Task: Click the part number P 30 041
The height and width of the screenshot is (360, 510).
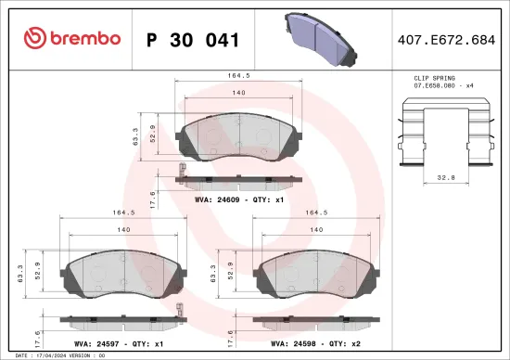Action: pos(194,40)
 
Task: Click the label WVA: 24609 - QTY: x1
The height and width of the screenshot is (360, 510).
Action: pos(236,199)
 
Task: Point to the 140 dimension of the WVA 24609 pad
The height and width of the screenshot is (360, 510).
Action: pos(239,93)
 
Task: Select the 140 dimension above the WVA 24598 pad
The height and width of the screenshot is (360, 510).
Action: pos(316,228)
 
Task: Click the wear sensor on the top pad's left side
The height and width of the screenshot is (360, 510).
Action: pos(183,172)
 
